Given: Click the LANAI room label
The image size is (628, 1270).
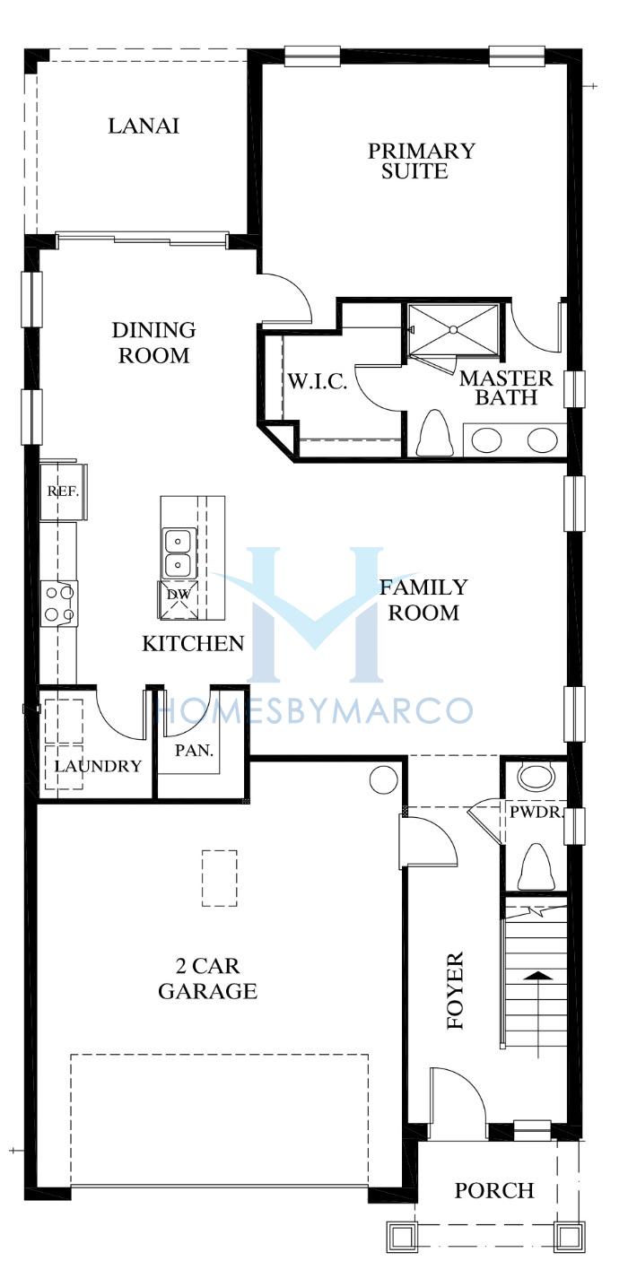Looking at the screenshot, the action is point(144,126).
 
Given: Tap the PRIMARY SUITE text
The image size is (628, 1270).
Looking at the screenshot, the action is point(421,161).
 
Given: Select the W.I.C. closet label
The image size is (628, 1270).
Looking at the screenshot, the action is point(317,381).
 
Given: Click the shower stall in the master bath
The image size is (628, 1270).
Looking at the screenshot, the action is point(454,332).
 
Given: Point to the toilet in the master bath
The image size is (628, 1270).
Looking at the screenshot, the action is point(435,432).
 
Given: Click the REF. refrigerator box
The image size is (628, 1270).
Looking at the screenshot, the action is point(63,491).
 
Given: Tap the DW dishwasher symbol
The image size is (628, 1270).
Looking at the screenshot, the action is point(179,600).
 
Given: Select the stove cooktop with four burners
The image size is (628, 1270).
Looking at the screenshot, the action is point(59,604).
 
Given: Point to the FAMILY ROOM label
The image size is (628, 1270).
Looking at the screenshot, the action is point(423,600).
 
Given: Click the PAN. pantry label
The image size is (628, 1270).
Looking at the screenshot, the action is point(194,751).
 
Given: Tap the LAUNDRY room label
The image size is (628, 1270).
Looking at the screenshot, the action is point(98,767).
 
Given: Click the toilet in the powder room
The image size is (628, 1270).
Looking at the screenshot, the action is point(536,866).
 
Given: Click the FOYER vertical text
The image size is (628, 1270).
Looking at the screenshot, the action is point(455,990).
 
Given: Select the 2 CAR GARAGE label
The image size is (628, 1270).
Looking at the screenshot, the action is point(207,978).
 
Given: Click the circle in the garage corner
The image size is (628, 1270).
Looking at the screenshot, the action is point(383,779).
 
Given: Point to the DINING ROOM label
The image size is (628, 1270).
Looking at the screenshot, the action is point(153,343).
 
